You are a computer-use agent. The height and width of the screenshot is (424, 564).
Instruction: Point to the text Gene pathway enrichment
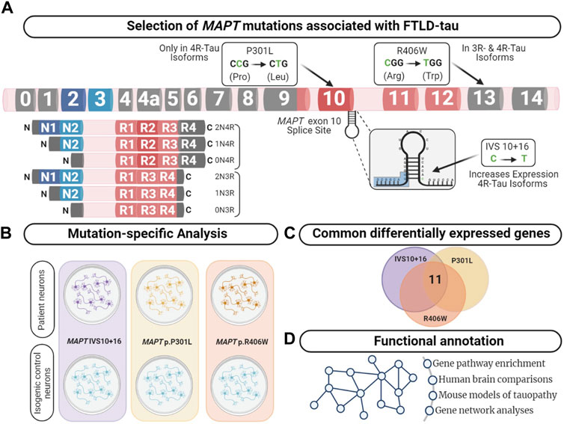pyautogui.click(x=485, y=363)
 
